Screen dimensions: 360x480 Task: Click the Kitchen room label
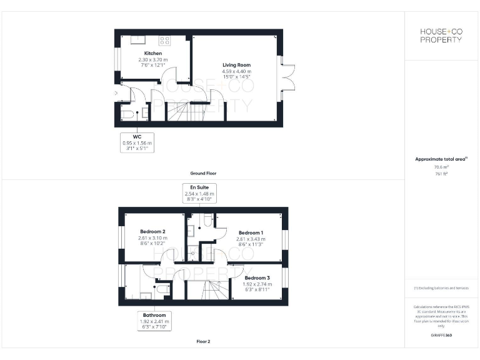coord(153,54)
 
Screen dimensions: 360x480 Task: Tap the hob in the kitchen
coord(165,41)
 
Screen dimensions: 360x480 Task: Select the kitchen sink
coord(134,39)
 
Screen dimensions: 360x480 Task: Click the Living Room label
coord(237,65)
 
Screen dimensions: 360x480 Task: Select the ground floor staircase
coord(186,111)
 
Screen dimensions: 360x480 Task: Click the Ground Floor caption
coord(203,173)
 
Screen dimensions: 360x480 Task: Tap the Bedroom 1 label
coord(251,232)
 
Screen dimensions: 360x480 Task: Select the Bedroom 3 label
coord(257,277)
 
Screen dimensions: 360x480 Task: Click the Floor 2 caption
coord(203,342)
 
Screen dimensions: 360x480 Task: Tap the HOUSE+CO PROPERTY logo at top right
coord(441,35)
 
